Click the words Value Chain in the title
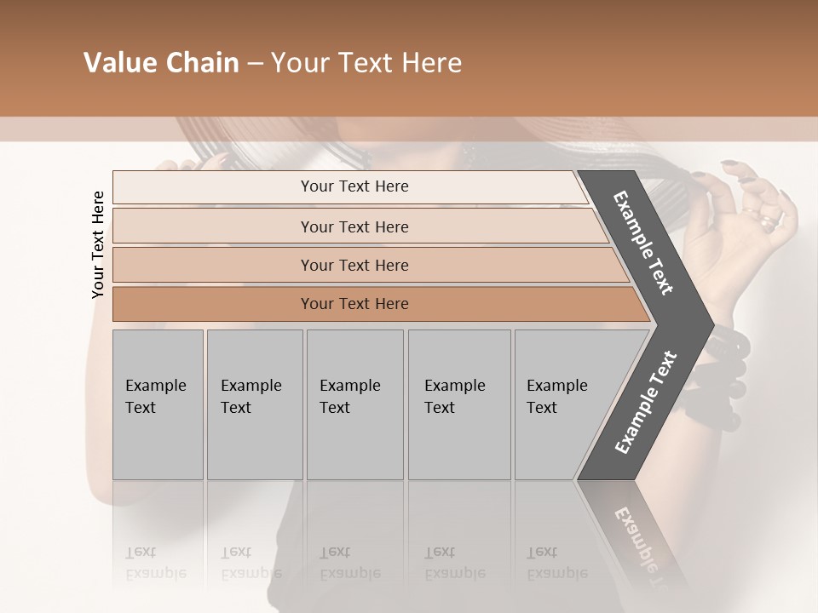tap(161, 63)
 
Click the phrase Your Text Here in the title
tap(366, 63)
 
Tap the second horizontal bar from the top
tap(354, 226)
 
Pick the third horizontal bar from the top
tap(354, 265)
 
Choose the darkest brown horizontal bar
tap(354, 304)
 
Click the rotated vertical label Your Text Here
tap(98, 244)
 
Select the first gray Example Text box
tap(158, 404)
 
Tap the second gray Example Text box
tap(255, 404)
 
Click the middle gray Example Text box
tap(354, 404)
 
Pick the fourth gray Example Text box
tap(459, 404)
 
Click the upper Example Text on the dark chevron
tap(643, 243)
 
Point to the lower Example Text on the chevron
tap(645, 403)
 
